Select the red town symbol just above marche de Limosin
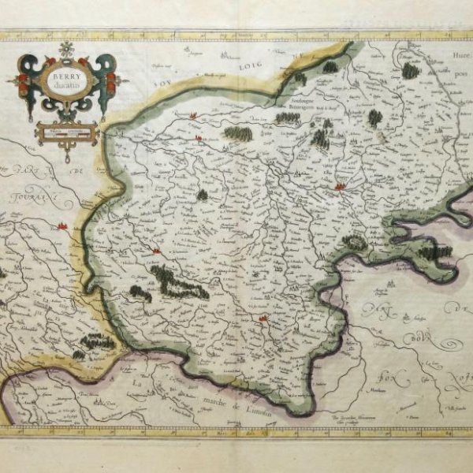tap(264, 318)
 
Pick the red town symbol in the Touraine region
tap(62, 226)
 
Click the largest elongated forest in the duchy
tap(180, 281)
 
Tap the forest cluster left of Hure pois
tap(410, 71)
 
